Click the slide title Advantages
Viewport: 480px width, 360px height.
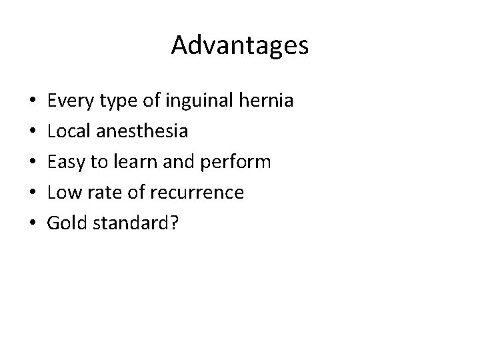[x=240, y=45]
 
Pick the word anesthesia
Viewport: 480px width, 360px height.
[x=141, y=131]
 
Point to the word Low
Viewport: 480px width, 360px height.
[x=63, y=193]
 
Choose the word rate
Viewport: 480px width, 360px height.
[x=101, y=193]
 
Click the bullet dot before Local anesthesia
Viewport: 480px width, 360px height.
[x=32, y=132]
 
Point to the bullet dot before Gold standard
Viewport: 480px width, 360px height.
[x=32, y=223]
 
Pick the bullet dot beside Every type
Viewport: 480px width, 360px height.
[x=32, y=102]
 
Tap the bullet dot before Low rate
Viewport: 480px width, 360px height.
[x=32, y=193]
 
